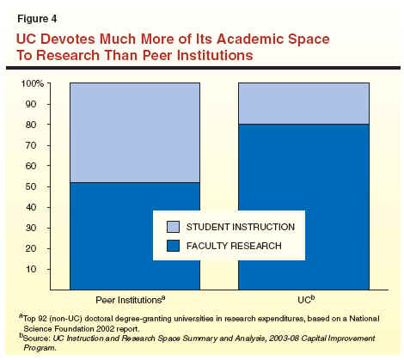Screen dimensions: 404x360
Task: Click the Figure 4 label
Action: tap(37, 19)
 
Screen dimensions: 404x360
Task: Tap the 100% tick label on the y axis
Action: tap(33, 84)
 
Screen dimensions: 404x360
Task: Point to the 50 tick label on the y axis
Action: tap(31, 186)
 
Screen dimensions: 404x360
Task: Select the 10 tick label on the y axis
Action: tap(31, 269)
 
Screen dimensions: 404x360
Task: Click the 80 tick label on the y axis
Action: tap(31, 125)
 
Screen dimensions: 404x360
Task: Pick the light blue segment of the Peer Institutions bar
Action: tap(135, 132)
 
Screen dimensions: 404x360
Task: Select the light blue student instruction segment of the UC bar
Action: tap(303, 104)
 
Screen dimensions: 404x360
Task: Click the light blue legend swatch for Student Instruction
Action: tap(173, 227)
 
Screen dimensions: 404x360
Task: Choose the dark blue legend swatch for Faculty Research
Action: tap(173, 246)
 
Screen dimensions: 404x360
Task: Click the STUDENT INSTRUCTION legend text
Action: tap(241, 227)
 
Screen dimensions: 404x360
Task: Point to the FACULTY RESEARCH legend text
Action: tap(234, 246)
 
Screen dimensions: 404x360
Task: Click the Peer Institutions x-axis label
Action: tap(131, 300)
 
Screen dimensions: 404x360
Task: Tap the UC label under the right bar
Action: tap(306, 300)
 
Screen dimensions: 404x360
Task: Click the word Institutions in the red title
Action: tap(215, 55)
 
